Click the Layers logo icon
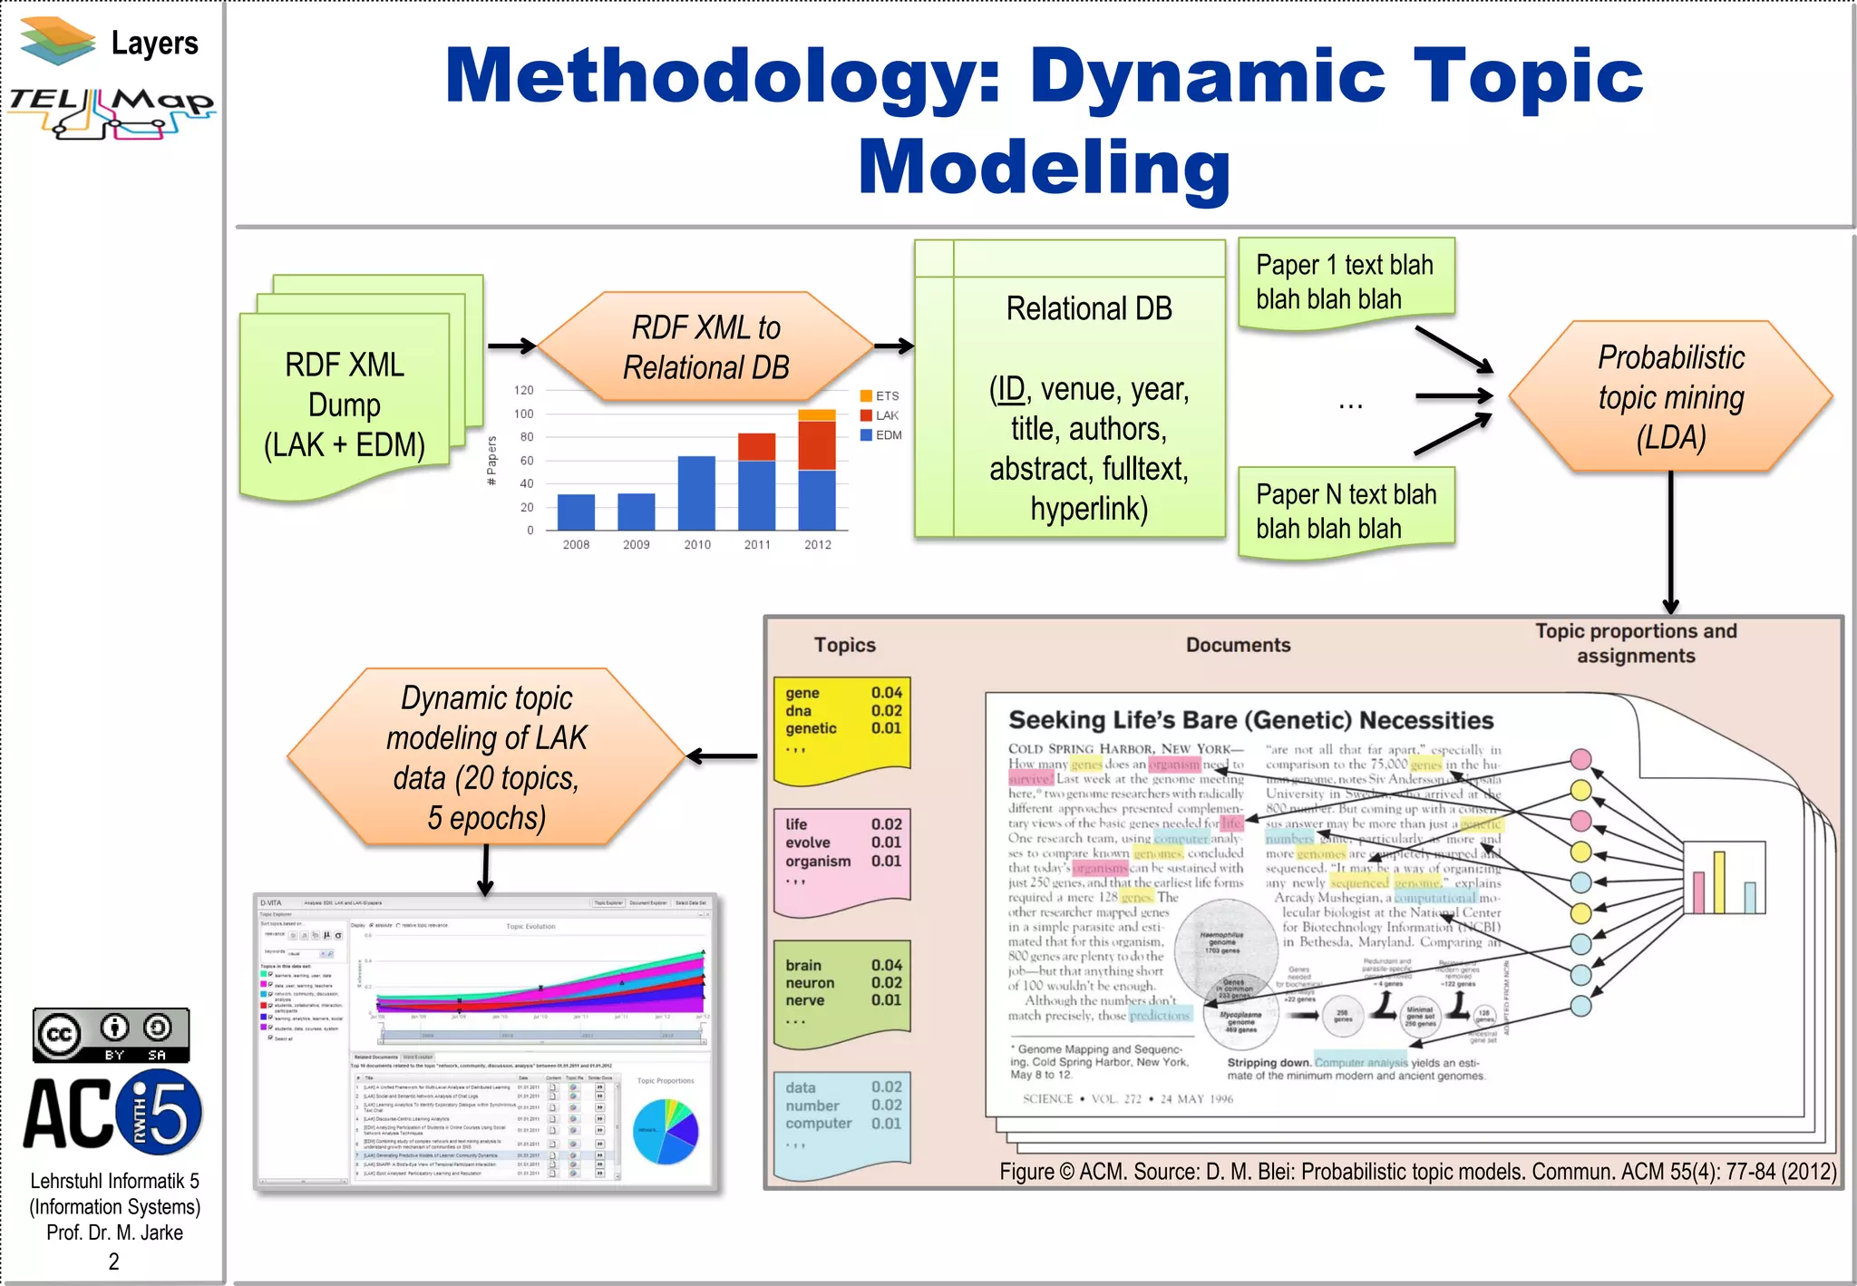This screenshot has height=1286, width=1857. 58,41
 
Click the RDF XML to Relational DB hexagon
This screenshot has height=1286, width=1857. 705,347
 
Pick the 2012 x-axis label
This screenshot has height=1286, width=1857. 817,545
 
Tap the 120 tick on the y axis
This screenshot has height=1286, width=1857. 524,390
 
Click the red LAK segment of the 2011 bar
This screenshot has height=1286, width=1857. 756,447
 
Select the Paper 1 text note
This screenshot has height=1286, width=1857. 1345,282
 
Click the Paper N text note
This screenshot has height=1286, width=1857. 1346,511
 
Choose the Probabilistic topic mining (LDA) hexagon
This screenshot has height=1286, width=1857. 1670,397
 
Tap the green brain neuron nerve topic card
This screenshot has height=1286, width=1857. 841,990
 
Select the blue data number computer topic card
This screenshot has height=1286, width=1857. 841,1120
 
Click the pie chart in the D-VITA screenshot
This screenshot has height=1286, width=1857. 666,1131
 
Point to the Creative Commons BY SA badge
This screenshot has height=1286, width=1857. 112,1035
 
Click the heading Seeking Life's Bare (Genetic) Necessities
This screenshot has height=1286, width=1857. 1250,721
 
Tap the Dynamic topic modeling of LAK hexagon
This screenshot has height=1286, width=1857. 486,757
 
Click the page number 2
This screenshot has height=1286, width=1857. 113,1262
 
